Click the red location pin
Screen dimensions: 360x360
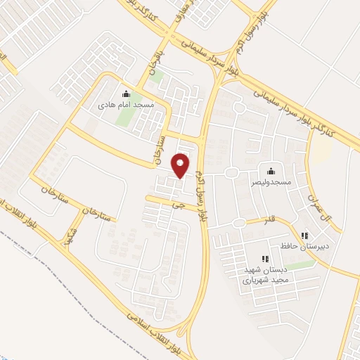(x=181, y=165)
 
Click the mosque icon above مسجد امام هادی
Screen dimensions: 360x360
(x=126, y=94)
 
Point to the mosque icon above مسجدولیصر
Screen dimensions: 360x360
(x=271, y=171)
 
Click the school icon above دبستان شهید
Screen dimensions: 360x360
(x=264, y=259)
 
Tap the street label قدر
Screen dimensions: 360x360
(x=268, y=220)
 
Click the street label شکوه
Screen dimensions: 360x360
(x=68, y=237)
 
